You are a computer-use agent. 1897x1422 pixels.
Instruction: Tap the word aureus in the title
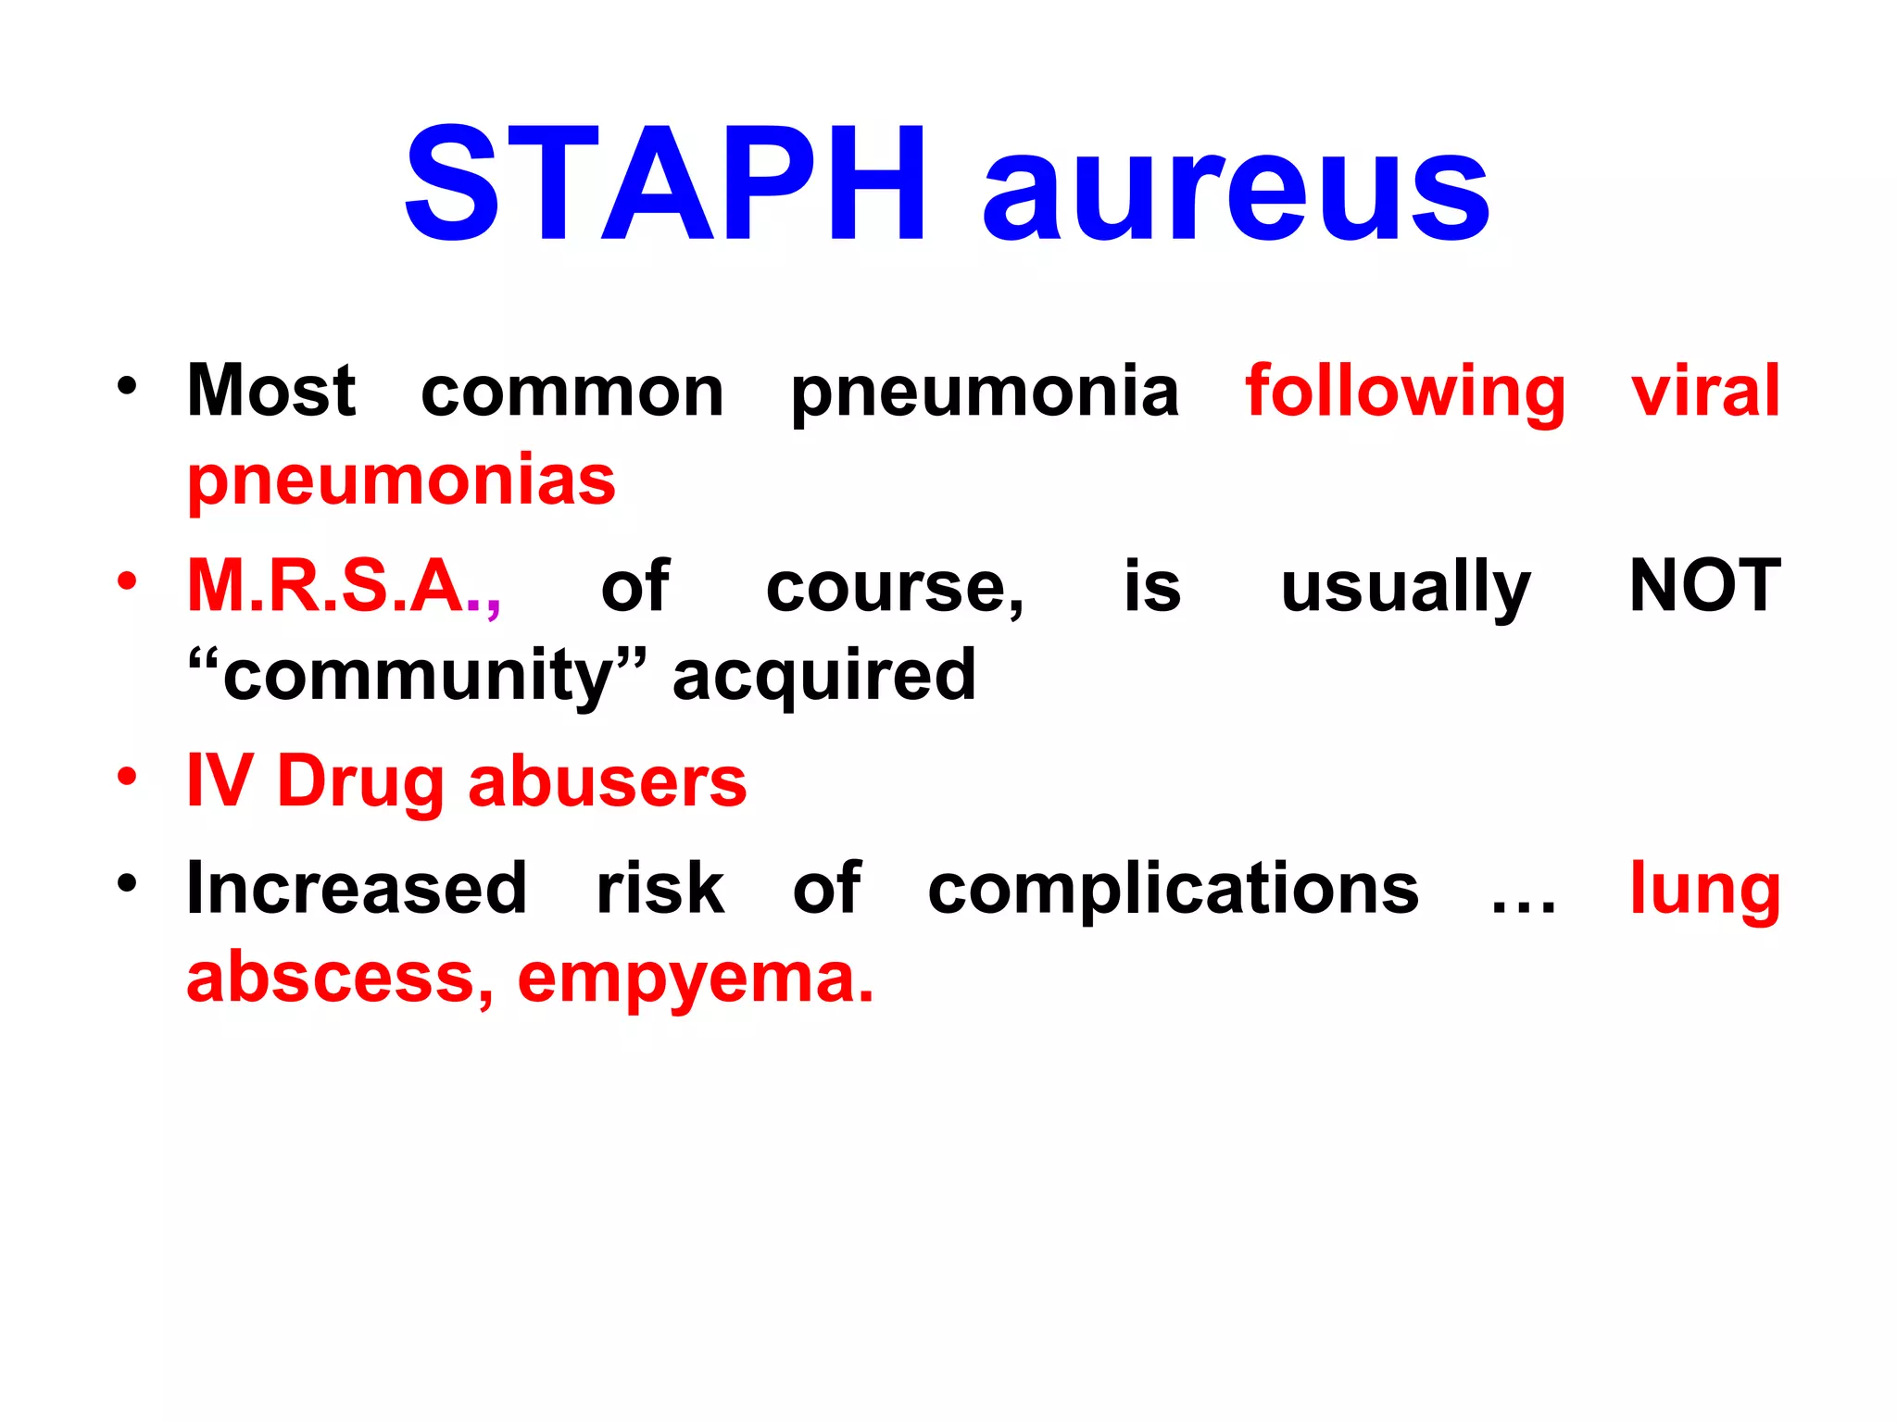point(1236,194)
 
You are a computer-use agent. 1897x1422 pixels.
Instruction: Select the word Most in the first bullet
point(271,391)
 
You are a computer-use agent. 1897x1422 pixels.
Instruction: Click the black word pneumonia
point(985,393)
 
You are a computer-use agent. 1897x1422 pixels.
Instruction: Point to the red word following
point(1405,393)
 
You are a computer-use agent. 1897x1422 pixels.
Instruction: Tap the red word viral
point(1705,391)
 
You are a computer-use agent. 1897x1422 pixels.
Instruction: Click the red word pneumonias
point(401,481)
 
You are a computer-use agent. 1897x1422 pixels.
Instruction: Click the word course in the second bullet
point(894,590)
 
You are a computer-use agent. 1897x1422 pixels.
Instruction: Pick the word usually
point(1405,590)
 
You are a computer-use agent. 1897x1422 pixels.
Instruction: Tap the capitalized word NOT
point(1704,586)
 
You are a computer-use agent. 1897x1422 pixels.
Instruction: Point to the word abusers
point(607,782)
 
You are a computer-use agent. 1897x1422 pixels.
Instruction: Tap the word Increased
point(357,889)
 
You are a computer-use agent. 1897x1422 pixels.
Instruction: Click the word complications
point(1173,889)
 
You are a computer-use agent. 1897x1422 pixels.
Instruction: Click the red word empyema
point(695,979)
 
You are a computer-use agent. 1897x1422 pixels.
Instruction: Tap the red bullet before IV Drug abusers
point(127,777)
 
